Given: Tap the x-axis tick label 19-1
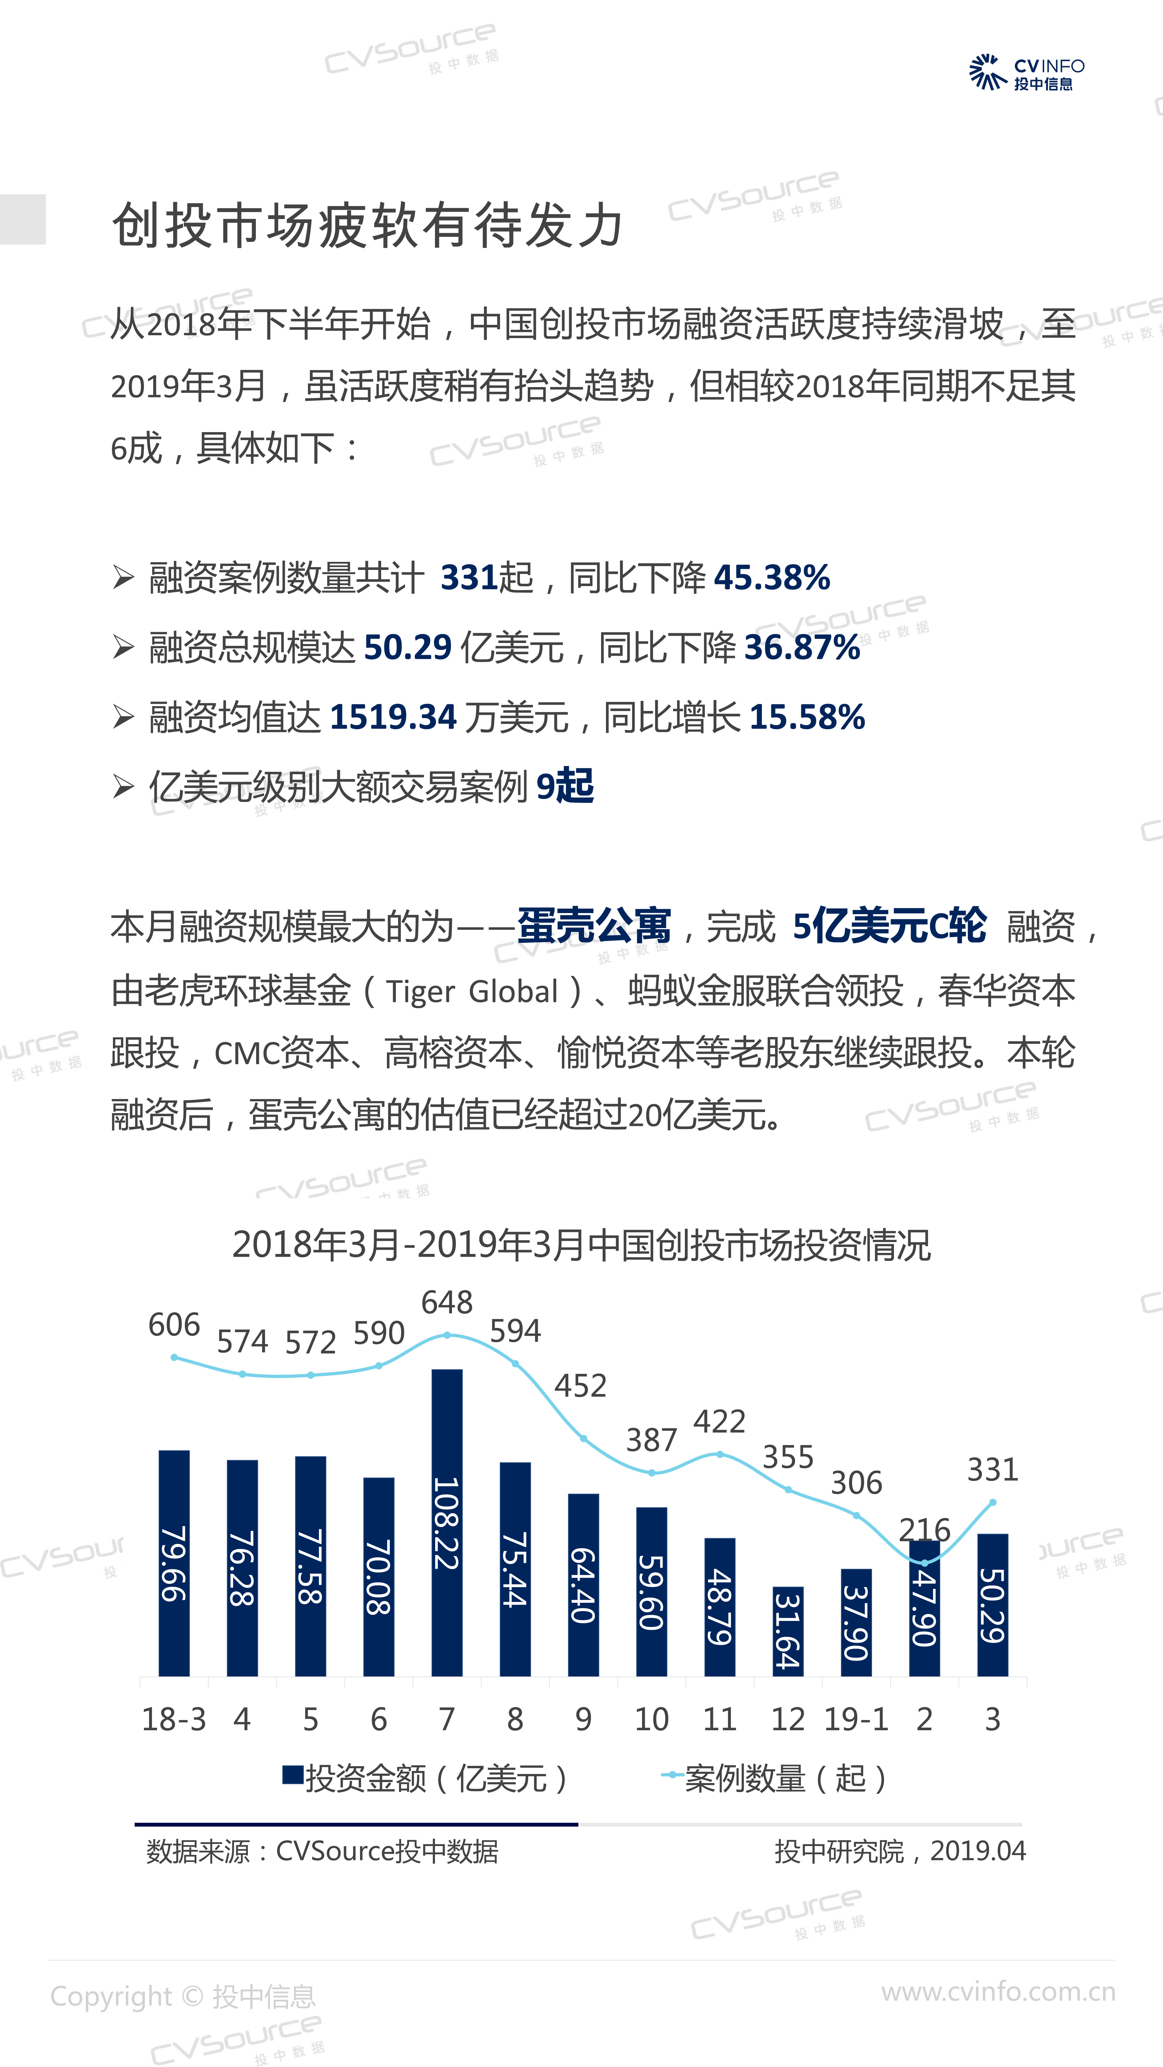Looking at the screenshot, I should (856, 1720).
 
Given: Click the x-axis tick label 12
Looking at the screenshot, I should (787, 1720).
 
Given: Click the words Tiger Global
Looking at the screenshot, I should (472, 992).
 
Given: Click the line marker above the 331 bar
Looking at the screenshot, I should (993, 1502).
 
